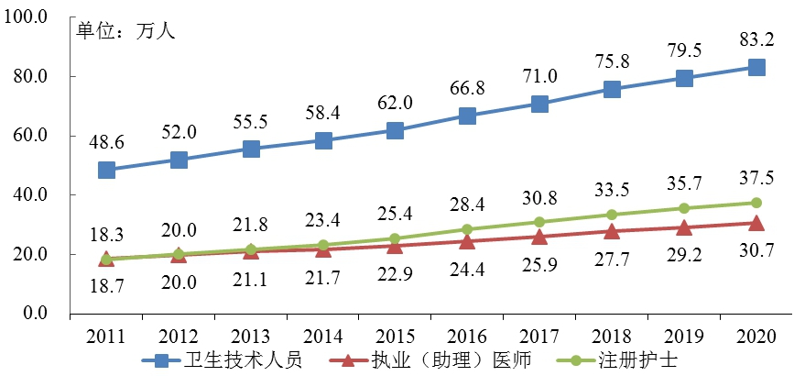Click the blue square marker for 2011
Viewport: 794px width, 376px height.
(x=106, y=170)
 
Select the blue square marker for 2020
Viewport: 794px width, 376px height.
(x=756, y=67)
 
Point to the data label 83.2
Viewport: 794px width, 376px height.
(x=756, y=39)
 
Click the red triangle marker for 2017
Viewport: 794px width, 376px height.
(x=539, y=237)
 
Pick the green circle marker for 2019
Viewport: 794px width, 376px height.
(x=684, y=208)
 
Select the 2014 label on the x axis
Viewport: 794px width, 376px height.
(x=322, y=336)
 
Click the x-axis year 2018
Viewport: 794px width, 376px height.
(x=612, y=336)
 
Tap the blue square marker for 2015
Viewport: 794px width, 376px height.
(x=395, y=130)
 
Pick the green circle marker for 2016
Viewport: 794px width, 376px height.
(x=467, y=229)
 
